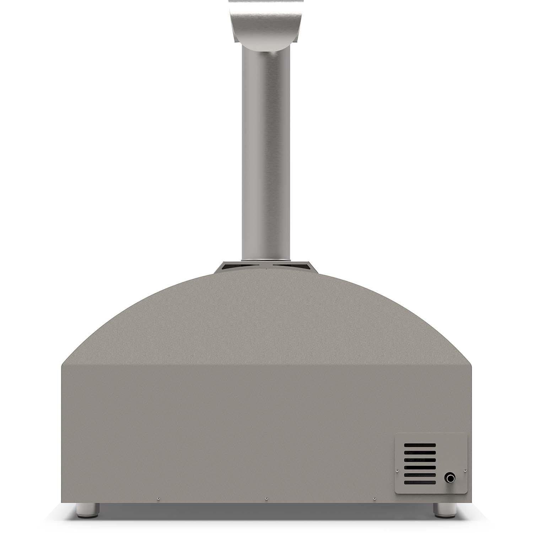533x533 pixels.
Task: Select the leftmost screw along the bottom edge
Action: tap(158, 498)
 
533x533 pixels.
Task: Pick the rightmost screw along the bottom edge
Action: tap(374, 498)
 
